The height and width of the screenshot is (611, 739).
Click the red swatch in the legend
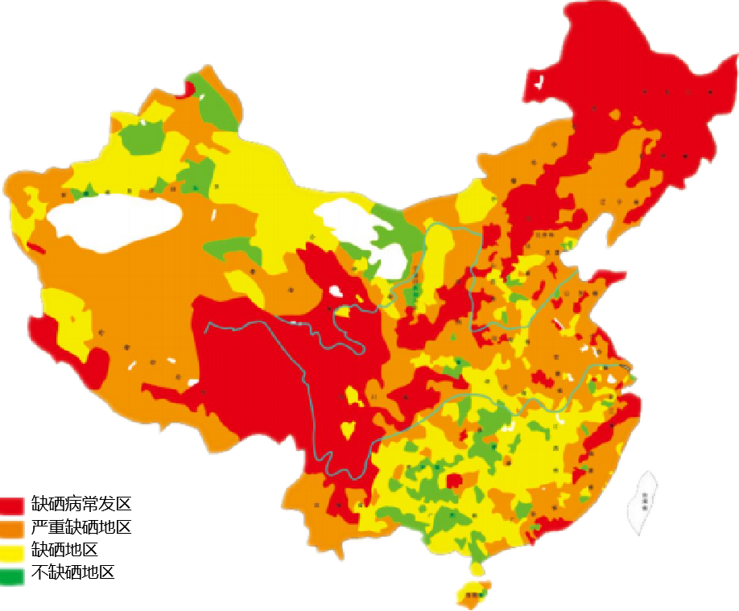coord(13,505)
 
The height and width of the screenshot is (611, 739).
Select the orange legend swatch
coord(13,529)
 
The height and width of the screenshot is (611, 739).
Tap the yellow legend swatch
coord(13,553)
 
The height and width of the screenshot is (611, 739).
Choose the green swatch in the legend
coord(13,576)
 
